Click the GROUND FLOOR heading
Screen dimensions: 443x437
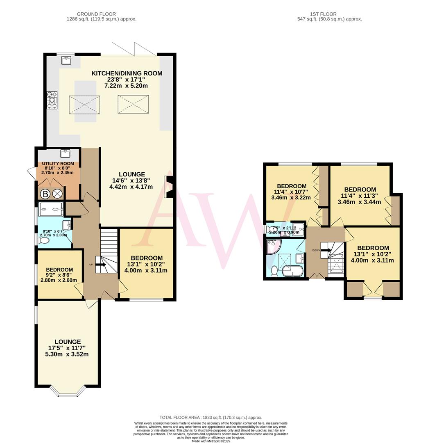click(x=96, y=14)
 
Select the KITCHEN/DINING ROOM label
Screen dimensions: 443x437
click(x=127, y=73)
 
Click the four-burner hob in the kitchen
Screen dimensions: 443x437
click(x=52, y=100)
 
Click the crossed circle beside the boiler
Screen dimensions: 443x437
click(x=57, y=194)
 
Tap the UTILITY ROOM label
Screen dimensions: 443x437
click(x=58, y=164)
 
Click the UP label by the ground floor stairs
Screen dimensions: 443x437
click(x=91, y=265)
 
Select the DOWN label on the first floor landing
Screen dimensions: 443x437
click(x=316, y=250)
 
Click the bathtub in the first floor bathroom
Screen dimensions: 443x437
click(x=292, y=271)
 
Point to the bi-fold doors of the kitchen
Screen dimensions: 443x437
click(x=134, y=49)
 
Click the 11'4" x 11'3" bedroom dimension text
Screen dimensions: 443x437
click(x=360, y=196)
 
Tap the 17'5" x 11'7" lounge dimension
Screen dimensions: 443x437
click(x=68, y=348)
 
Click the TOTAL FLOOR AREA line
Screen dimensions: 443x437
click(x=211, y=418)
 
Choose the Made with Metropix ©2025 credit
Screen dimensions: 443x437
click(x=211, y=441)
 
